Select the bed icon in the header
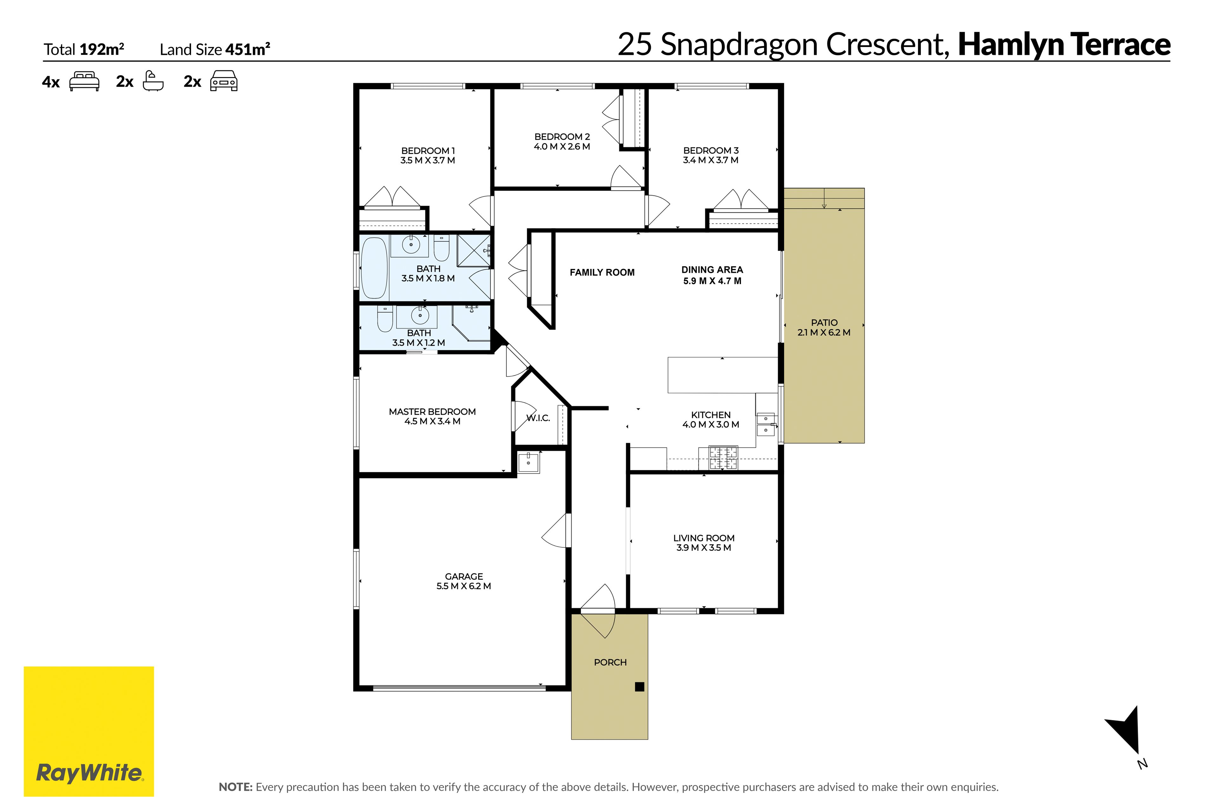tap(84, 81)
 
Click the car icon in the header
tap(224, 81)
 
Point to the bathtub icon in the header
tap(153, 81)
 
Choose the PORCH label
tap(610, 662)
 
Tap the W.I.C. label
tap(538, 418)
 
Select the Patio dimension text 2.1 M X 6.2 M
tap(824, 332)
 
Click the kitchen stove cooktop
tap(724, 458)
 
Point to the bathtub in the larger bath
tap(374, 268)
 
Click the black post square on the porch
tap(639, 687)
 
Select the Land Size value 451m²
tap(247, 49)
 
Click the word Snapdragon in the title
tap(741, 44)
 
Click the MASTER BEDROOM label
tap(432, 412)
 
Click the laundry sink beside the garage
tap(528, 462)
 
